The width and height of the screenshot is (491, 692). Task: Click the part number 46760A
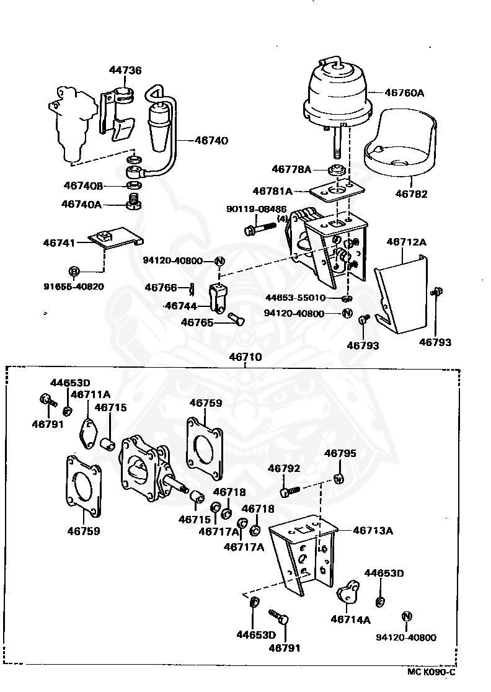(404, 93)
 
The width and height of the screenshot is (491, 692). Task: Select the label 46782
(411, 193)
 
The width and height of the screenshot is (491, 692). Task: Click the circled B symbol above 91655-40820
(74, 271)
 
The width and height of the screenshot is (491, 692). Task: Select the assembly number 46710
(245, 357)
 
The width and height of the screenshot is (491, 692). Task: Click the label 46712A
(407, 242)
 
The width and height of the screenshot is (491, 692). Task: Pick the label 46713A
(373, 531)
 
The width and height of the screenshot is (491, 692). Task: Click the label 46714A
(350, 619)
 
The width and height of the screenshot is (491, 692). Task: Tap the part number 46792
(284, 469)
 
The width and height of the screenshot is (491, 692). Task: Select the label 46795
(340, 454)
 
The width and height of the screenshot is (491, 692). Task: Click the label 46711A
(91, 394)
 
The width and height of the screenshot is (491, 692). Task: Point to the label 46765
(197, 322)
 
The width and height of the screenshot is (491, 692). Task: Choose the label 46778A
(291, 169)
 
